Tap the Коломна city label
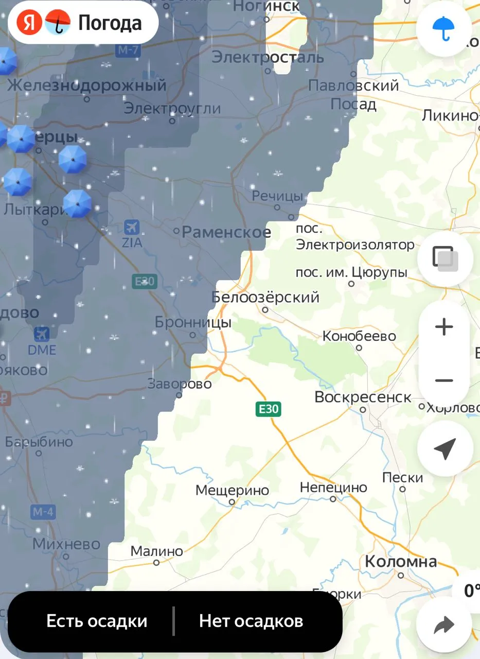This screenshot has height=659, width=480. tap(401, 562)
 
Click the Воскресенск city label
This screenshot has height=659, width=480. tap(363, 398)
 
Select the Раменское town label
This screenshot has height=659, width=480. tap(226, 232)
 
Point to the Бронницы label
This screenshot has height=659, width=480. tap(193, 323)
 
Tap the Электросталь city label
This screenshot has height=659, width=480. tap(268, 57)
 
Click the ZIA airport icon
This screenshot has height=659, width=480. tap(132, 227)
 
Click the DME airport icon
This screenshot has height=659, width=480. tap(42, 334)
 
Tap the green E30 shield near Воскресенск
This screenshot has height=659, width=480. tap(268, 409)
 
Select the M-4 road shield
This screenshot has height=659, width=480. tap(43, 512)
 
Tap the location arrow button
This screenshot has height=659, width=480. tap(445, 449)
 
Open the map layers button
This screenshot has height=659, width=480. tap(445, 258)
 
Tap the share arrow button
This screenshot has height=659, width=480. tap(443, 625)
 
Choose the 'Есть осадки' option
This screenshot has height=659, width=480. tap(97, 621)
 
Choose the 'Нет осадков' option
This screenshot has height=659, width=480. tap(251, 621)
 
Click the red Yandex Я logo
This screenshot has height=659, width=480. tap(29, 23)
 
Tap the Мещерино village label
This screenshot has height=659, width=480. tap(232, 491)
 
